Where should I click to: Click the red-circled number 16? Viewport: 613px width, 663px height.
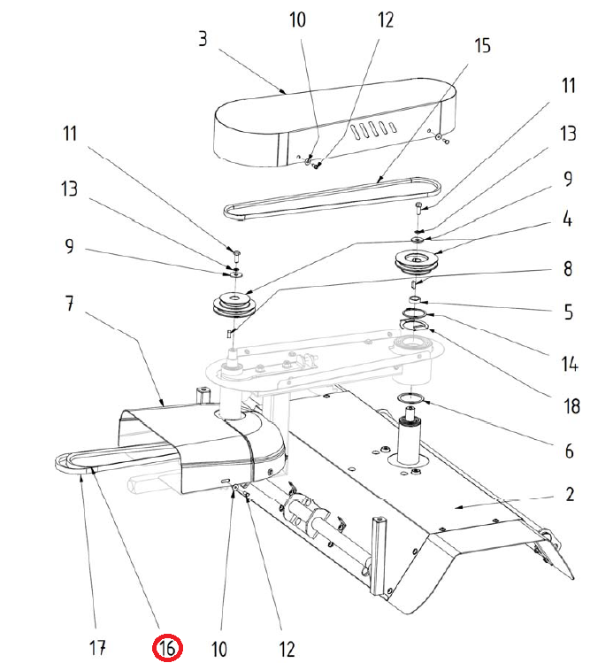[x=168, y=648]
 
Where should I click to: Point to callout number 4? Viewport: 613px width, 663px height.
[x=568, y=217]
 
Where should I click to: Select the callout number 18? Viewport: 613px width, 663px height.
[x=571, y=406]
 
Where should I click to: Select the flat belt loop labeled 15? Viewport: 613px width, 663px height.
[x=332, y=199]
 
